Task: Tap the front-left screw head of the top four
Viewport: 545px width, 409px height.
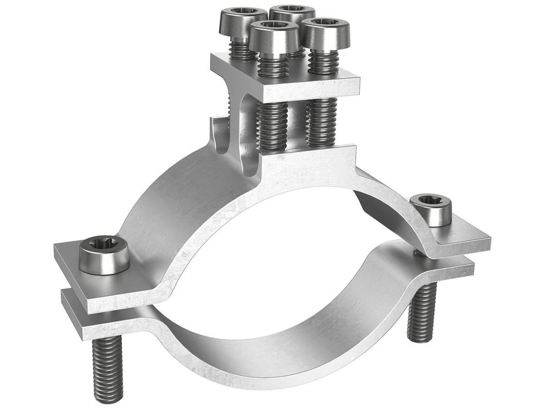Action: [x=271, y=36]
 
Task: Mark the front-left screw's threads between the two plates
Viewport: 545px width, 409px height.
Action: [x=272, y=125]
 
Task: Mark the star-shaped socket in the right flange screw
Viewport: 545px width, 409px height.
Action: [x=431, y=202]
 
